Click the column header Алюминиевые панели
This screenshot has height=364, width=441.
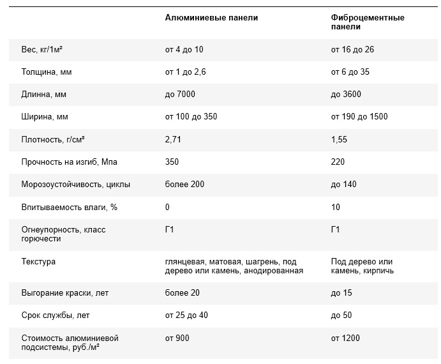pos(211,18)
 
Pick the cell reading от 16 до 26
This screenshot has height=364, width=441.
pos(352,50)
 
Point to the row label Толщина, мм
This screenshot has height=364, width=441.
pos(47,72)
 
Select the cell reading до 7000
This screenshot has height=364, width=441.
pos(180,95)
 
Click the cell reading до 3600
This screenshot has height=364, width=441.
pos(346,95)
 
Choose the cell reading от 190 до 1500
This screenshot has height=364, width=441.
pos(359,117)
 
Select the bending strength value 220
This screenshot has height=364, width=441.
pos(338,162)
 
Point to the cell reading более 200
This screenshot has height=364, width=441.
pos(184,185)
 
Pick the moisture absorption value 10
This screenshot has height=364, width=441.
pos(336,207)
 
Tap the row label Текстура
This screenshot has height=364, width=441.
pos(38,262)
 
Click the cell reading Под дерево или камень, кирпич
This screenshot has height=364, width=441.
pos(363,266)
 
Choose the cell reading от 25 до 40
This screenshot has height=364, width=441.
pos(186,315)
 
